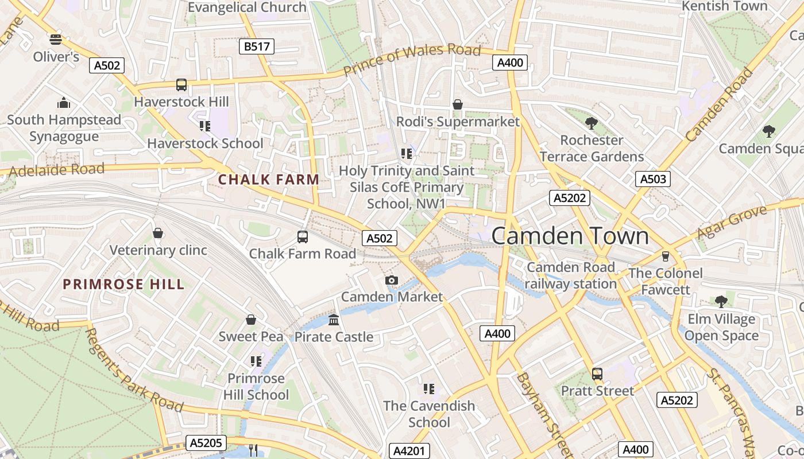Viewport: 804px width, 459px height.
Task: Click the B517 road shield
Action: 257,46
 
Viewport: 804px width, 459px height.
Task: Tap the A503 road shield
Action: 653,179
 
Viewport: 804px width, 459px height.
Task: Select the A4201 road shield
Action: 409,451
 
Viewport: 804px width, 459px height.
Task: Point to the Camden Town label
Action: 570,236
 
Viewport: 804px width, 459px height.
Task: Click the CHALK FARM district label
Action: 269,180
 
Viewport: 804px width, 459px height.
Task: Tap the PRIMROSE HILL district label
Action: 123,284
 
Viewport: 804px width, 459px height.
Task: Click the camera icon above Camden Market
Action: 392,280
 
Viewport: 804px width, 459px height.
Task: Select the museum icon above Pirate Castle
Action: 334,320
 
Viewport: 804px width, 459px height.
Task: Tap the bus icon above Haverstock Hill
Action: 181,85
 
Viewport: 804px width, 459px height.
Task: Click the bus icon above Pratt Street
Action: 597,374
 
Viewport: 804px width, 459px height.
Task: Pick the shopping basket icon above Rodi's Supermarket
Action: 458,104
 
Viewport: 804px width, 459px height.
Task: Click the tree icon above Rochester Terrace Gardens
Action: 591,123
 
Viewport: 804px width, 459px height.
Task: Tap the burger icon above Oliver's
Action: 56,40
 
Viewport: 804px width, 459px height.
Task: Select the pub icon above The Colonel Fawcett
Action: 666,256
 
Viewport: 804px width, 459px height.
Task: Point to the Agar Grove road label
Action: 732,223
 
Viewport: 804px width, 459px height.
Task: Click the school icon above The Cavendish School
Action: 428,389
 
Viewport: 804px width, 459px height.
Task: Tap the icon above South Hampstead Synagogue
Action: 64,103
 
